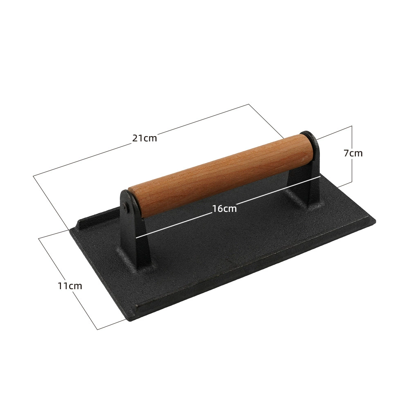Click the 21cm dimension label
point(145,138)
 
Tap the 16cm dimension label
point(224,209)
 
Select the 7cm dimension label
point(353,153)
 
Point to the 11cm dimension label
point(70,286)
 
